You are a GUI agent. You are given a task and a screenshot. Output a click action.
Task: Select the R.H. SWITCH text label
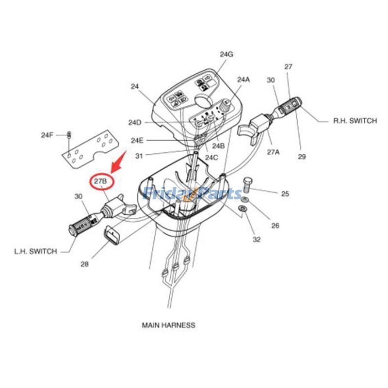coord(355,121)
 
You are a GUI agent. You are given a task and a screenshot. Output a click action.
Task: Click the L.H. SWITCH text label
coord(35,251)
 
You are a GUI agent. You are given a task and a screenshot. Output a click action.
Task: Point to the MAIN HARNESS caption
coord(168,325)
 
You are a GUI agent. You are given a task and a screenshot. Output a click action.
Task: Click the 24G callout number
coord(226,54)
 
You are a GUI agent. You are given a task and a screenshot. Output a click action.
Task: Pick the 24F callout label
coord(47,135)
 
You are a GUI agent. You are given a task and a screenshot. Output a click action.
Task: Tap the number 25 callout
coord(285,194)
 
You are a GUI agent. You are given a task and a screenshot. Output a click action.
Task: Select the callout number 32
coord(257,239)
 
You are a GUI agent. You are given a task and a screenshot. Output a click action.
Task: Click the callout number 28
coord(84,264)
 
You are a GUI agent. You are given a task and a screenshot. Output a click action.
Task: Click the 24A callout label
coord(244,79)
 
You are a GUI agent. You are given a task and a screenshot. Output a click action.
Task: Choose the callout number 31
coord(139,156)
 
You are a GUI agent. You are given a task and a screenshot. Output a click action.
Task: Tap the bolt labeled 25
coord(247,183)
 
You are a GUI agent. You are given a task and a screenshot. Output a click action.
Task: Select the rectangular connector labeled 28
coord(113,237)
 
